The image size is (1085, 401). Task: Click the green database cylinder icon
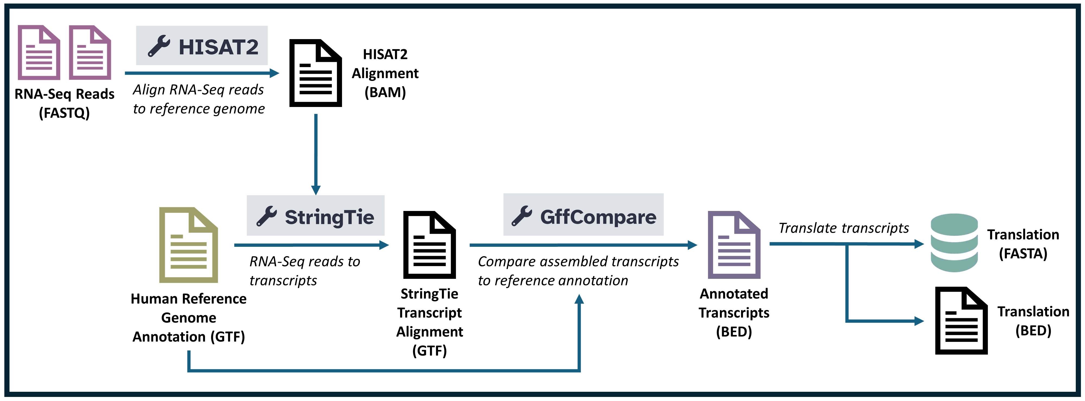pyautogui.click(x=954, y=243)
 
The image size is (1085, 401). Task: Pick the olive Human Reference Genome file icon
pyautogui.click(x=188, y=245)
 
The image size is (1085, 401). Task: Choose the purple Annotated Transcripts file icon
pyautogui.click(x=734, y=245)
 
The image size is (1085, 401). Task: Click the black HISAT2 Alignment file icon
pyautogui.click(x=315, y=73)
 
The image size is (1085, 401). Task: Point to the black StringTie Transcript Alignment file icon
pyautogui.click(x=429, y=245)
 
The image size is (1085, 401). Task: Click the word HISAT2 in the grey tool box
pyautogui.click(x=218, y=47)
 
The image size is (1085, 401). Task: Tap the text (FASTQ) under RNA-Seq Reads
pyautogui.click(x=65, y=113)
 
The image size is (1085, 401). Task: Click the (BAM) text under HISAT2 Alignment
pyautogui.click(x=385, y=92)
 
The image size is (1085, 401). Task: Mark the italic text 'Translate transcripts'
pyautogui.click(x=844, y=228)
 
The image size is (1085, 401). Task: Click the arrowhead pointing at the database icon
pyautogui.click(x=919, y=244)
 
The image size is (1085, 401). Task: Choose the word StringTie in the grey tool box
pyautogui.click(x=329, y=217)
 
